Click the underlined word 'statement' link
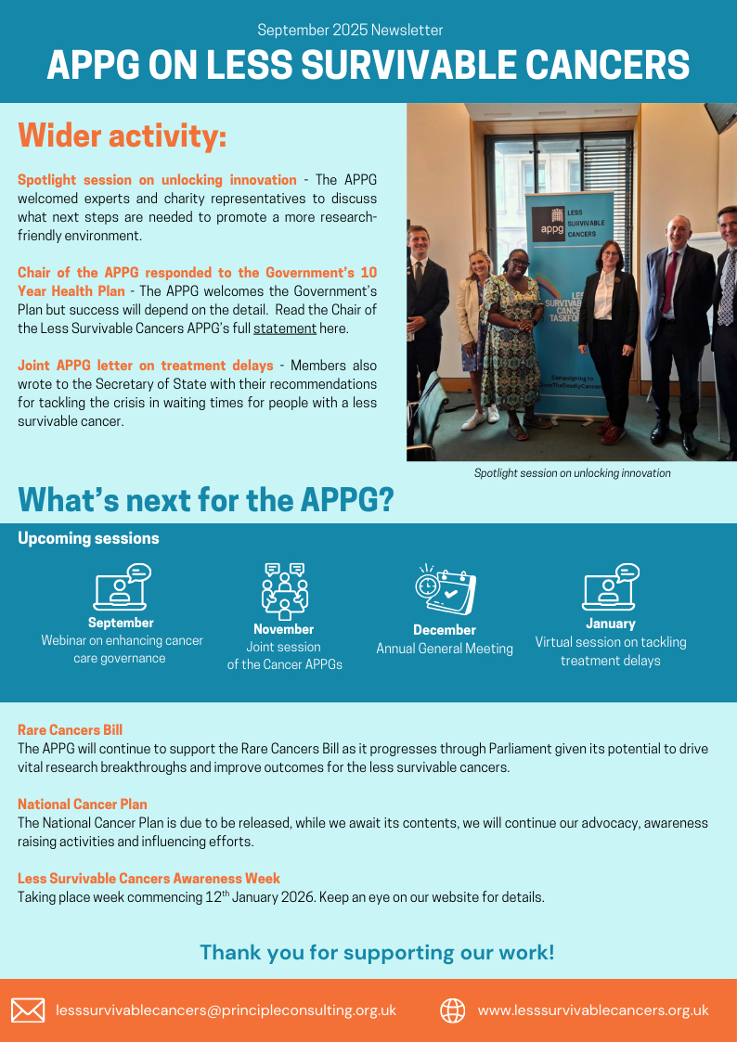285,328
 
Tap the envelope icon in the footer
28,1010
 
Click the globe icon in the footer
452,1010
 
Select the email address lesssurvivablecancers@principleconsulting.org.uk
226,1010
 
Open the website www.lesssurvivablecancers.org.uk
593,1010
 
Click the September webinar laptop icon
122,587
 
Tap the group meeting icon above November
284,591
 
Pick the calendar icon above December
445,591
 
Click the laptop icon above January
610,587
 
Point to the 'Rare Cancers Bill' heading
71,730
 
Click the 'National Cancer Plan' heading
83,804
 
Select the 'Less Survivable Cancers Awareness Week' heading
149,879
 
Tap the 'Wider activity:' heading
123,136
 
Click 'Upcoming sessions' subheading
88,538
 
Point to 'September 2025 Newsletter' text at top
350,30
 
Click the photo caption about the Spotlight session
572,473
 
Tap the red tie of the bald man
670,282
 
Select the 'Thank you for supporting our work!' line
377,952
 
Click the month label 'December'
445,630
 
